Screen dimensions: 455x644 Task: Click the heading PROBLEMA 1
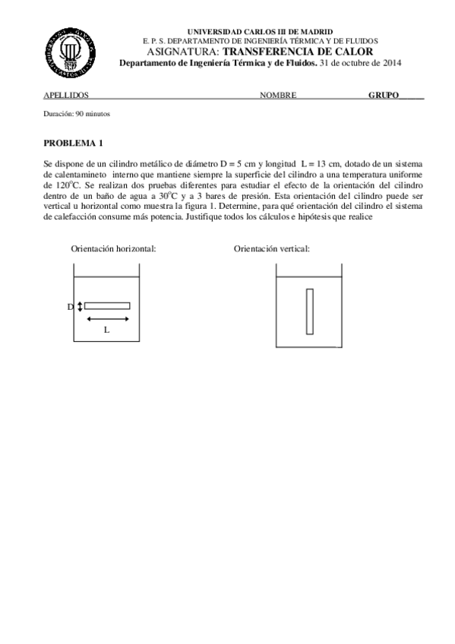point(74,143)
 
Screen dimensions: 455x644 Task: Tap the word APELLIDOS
point(66,96)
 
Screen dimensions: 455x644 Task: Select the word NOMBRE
point(278,96)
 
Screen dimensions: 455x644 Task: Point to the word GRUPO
point(384,96)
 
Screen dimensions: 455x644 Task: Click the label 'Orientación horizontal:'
point(113,249)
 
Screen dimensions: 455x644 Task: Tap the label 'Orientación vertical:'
point(272,249)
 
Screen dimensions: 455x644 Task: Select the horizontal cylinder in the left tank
point(107,306)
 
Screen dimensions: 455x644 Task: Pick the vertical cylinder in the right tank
point(310,306)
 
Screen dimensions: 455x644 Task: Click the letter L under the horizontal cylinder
point(106,330)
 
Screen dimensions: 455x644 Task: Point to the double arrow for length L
point(107,319)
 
